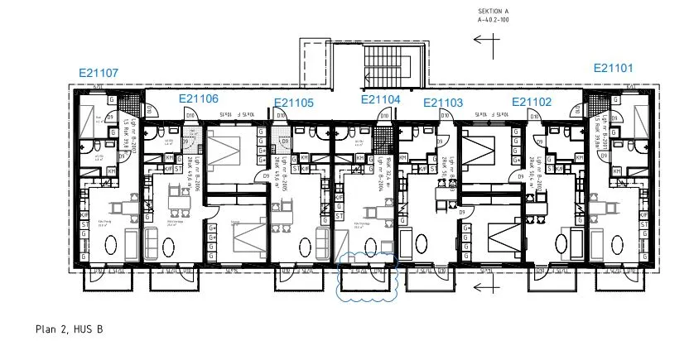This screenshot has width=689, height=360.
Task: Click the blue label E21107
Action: pos(99,73)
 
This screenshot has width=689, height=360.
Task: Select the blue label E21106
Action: pos(199,99)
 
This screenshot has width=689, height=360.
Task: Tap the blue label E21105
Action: pos(294,103)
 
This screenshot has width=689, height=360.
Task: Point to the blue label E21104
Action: pos(380,99)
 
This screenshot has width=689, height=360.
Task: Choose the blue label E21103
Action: pos(443,103)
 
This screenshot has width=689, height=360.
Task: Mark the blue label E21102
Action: pos(531,102)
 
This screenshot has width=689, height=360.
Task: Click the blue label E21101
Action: pos(614,69)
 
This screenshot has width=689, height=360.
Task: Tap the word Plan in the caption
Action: pos(47,329)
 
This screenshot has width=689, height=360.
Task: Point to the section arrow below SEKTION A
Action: pos(484,38)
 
